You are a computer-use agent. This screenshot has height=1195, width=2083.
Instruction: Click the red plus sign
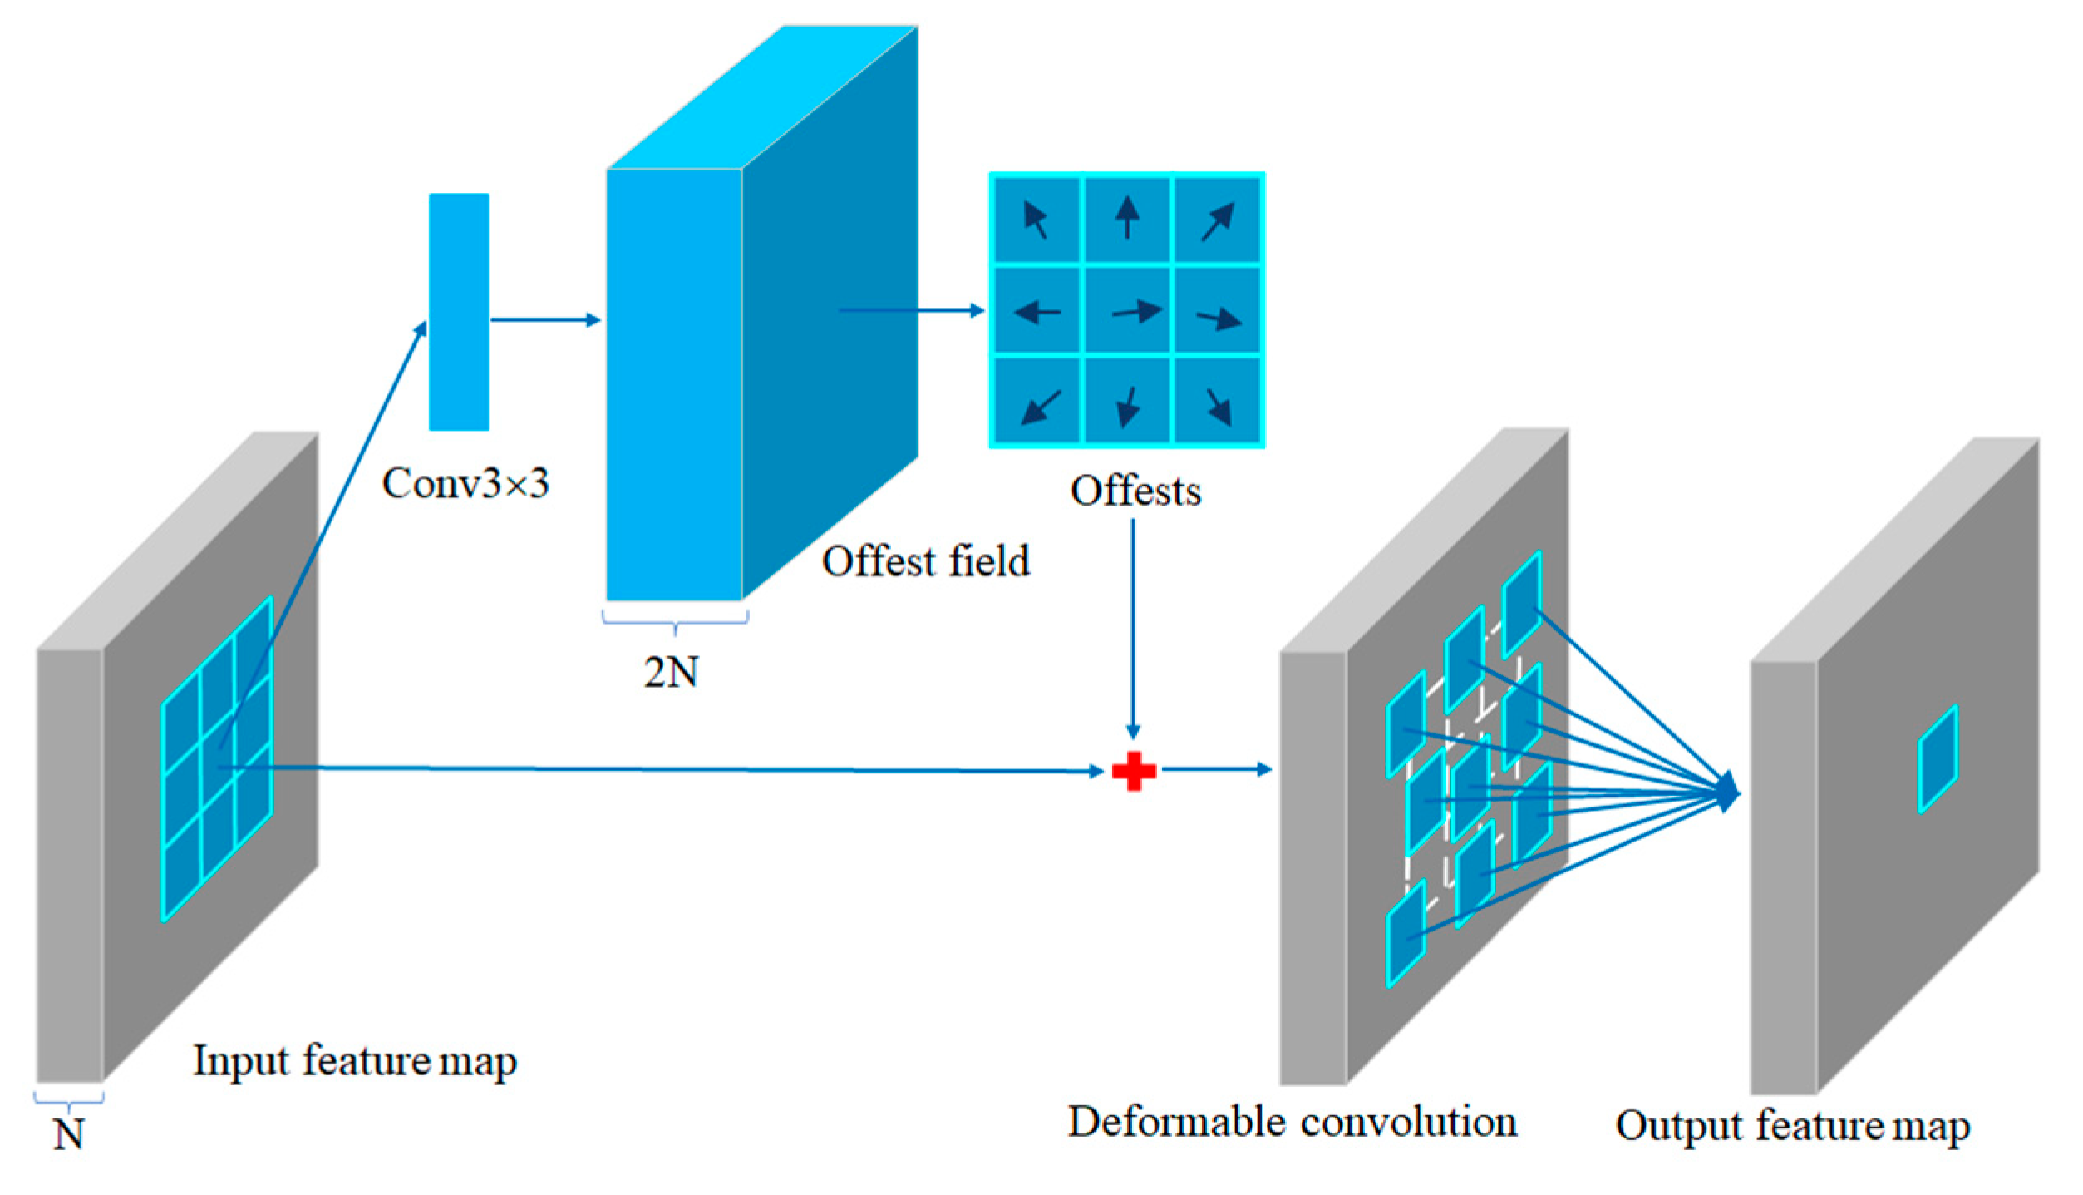point(1133,771)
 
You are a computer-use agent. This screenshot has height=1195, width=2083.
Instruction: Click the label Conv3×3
point(465,483)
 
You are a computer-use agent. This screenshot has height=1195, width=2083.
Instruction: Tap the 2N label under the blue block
point(671,671)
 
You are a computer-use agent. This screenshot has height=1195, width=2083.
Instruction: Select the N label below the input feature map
point(68,1133)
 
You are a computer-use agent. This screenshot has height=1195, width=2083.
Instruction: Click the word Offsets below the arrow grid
point(1135,491)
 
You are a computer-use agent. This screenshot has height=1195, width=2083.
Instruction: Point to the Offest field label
point(925,561)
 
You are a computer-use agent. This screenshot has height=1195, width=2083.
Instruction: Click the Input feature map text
point(355,1061)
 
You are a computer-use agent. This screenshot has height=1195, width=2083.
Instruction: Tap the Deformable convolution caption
point(1292,1122)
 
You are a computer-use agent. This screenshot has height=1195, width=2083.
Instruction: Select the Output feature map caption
point(1792,1126)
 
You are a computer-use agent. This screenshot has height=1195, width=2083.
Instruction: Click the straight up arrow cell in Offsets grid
point(1126,219)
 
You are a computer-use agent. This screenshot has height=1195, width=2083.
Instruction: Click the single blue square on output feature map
point(1937,758)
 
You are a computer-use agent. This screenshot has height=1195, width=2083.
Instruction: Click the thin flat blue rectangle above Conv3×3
point(459,312)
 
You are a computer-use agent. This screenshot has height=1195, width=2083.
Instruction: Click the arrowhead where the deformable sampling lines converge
point(1727,791)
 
